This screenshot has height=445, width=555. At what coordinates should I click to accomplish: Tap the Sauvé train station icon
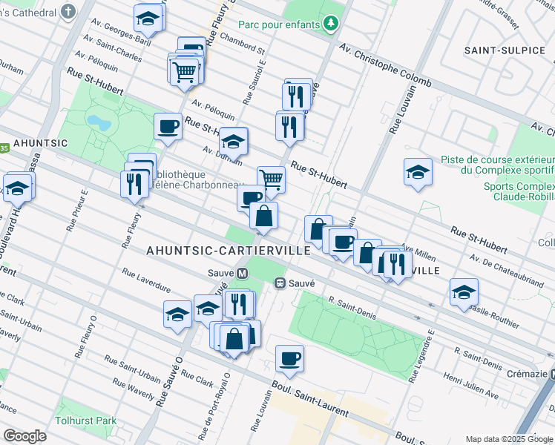click(x=281, y=283)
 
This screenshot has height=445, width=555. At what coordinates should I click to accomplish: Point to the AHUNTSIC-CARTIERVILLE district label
click(x=228, y=251)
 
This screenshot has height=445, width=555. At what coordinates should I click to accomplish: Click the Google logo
click(x=24, y=435)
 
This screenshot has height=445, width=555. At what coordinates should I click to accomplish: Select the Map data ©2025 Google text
click(x=509, y=439)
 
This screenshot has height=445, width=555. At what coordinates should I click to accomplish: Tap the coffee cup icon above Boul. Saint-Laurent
click(x=289, y=359)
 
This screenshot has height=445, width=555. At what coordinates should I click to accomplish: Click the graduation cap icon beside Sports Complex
click(x=418, y=172)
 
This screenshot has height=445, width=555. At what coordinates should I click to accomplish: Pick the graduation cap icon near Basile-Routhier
click(x=464, y=291)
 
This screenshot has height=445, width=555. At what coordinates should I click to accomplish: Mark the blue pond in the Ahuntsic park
click(x=96, y=121)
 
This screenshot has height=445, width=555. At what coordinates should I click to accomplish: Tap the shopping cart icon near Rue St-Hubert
click(x=272, y=179)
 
